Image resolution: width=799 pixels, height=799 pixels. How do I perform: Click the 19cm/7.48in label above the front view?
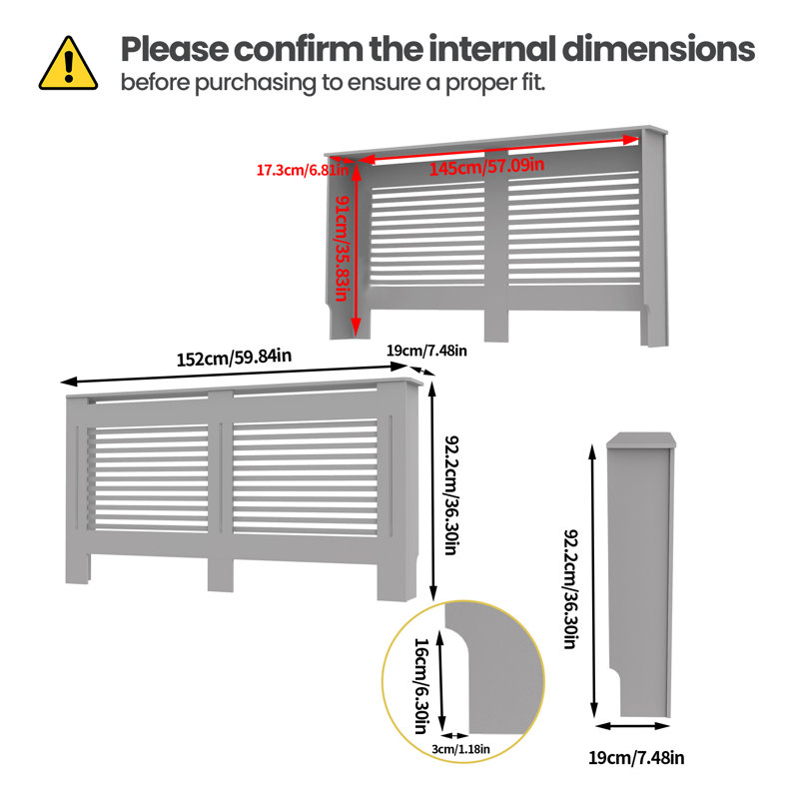tap(426, 351)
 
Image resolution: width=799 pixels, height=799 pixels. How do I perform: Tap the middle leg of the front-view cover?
tap(221, 574)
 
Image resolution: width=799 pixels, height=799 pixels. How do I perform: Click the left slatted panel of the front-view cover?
tap(148, 477)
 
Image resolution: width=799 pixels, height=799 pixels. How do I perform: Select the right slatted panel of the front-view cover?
tap(306, 477)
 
